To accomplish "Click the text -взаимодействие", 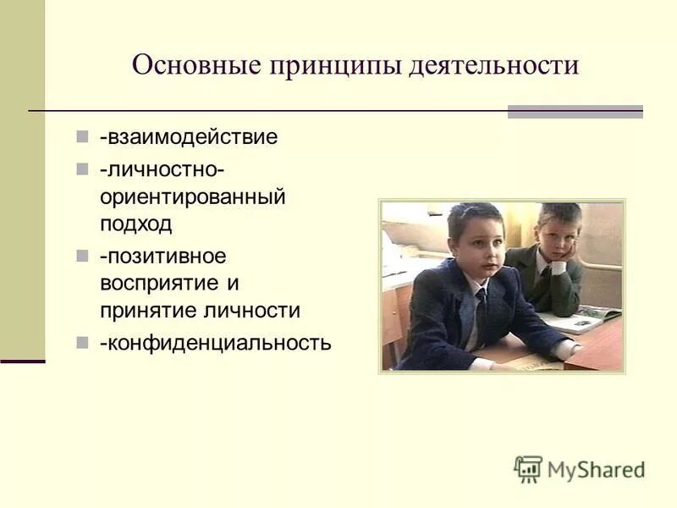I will [188, 137].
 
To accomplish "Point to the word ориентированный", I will [192, 197].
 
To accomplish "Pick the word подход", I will [135, 224].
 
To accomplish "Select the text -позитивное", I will [162, 256].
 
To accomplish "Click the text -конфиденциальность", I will [215, 343].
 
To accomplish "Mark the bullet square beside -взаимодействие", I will [82, 136].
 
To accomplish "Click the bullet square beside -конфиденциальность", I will [82, 342].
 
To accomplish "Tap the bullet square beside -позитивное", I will [82, 255].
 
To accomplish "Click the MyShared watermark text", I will [596, 470].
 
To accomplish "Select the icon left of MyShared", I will [528, 469].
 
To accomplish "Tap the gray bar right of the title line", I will [575, 112].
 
